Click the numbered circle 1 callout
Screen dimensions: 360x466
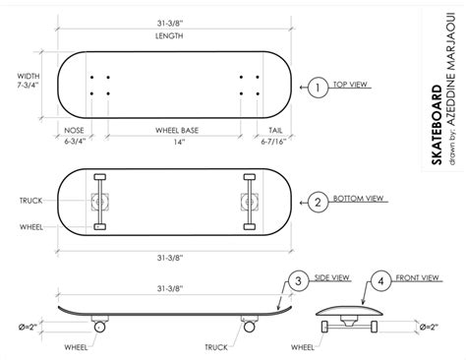318,88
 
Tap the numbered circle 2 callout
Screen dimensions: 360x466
318,202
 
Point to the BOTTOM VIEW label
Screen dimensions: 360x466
358,201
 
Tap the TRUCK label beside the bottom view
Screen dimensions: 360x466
31,201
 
